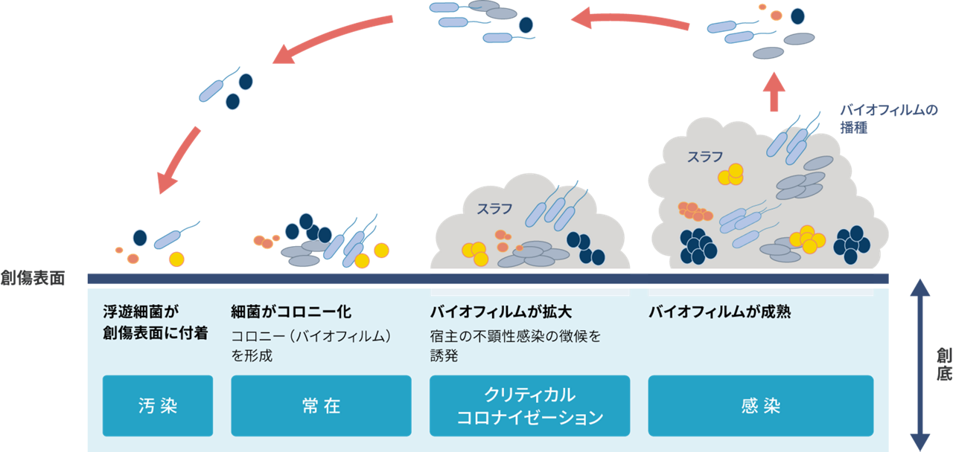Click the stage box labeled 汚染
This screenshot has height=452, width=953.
coord(158,406)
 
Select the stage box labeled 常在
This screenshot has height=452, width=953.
coord(321,406)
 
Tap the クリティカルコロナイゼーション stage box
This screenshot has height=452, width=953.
coord(529,406)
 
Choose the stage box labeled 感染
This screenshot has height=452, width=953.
coord(760,406)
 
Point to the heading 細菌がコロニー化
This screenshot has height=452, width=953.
coord(291,312)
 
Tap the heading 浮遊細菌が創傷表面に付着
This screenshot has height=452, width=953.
coord(146,322)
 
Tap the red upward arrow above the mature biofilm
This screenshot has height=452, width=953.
coord(775,92)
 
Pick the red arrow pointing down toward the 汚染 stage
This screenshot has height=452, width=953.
coord(178,159)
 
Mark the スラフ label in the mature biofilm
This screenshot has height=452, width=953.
coord(704,157)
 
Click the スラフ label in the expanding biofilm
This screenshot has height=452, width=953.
coord(494,209)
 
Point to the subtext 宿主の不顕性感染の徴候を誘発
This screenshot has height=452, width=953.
coord(514,345)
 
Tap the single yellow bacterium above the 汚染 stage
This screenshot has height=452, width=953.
coord(176,259)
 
